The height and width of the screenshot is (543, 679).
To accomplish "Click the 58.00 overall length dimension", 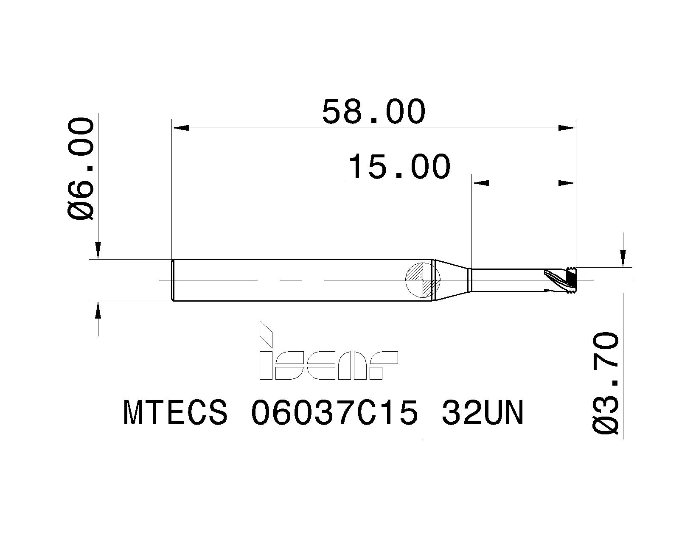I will [x=373, y=112].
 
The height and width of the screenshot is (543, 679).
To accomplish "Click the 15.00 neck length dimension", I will [x=398, y=167].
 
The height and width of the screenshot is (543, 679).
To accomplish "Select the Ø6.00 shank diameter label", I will [x=81, y=169].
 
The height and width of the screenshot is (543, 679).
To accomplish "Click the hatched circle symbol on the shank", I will [x=424, y=280].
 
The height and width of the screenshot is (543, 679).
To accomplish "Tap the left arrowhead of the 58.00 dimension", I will [x=180, y=128].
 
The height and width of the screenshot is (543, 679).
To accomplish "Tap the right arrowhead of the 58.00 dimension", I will [x=567, y=128].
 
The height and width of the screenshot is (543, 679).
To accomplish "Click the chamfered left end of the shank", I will [x=173, y=280].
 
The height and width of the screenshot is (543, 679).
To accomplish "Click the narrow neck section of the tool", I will [x=505, y=280].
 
